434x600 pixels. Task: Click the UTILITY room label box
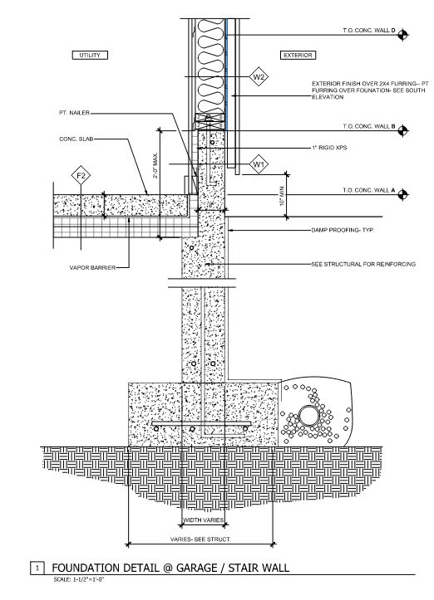tap(90, 55)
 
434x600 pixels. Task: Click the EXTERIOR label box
tap(297, 55)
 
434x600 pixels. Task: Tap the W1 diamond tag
tap(259, 164)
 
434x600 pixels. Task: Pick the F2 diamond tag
tap(81, 175)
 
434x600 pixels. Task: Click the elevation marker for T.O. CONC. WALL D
tap(402, 34)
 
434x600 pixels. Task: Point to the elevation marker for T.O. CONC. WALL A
tap(402, 193)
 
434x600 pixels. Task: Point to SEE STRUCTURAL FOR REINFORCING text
tap(362, 264)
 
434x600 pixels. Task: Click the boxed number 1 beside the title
tap(37, 568)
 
